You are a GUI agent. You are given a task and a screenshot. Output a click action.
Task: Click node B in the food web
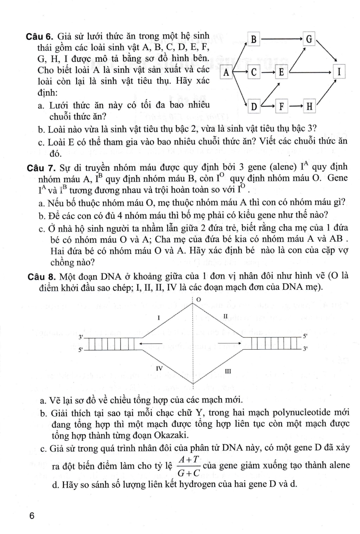(x=253, y=40)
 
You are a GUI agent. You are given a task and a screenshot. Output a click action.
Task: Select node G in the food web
(x=309, y=39)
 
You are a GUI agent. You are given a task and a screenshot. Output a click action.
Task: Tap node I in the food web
(x=339, y=72)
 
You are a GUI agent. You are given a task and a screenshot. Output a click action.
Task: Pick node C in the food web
(x=253, y=72)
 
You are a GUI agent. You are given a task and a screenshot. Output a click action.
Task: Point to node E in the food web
(x=281, y=72)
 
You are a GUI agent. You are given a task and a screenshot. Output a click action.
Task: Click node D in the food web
(x=254, y=106)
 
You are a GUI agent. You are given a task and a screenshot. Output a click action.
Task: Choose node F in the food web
(x=281, y=106)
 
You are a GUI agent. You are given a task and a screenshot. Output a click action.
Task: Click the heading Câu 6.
(x=39, y=37)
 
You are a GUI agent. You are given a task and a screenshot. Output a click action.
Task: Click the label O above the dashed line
(x=198, y=300)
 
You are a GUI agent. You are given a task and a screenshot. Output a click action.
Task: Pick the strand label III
(x=228, y=371)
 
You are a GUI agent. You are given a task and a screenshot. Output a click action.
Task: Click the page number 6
(x=32, y=516)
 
